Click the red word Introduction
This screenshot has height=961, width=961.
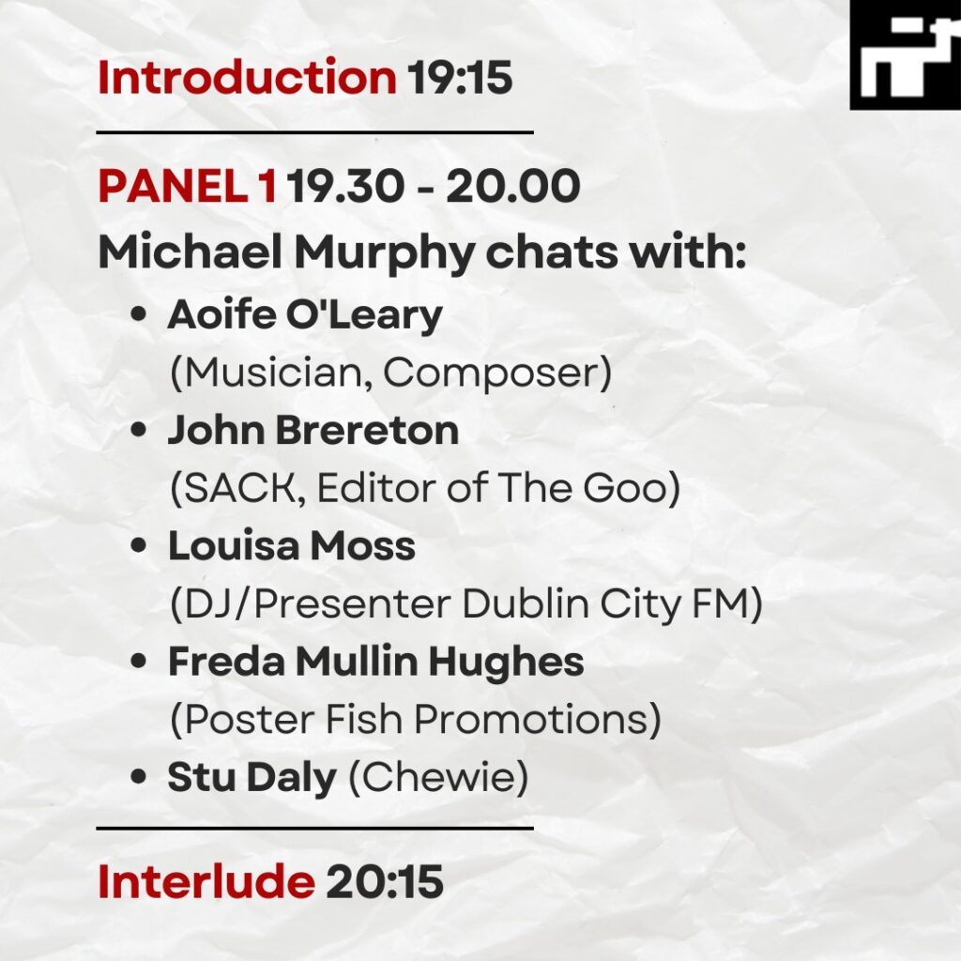click(247, 77)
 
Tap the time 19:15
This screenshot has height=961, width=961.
click(460, 78)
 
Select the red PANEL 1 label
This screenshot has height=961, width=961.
click(188, 186)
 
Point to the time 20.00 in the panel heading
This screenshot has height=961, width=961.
click(513, 186)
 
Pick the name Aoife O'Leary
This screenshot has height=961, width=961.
click(305, 315)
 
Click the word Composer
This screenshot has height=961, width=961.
click(493, 372)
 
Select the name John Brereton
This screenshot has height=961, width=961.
click(313, 430)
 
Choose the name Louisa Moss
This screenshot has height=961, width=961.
click(292, 545)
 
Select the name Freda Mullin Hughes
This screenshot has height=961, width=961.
click(375, 662)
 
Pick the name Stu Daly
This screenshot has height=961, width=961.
click(252, 777)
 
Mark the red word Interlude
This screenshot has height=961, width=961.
click(206, 882)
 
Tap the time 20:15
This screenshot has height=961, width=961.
click(385, 882)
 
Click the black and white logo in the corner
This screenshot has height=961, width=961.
click(906, 55)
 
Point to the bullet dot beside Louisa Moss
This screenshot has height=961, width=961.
click(139, 545)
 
